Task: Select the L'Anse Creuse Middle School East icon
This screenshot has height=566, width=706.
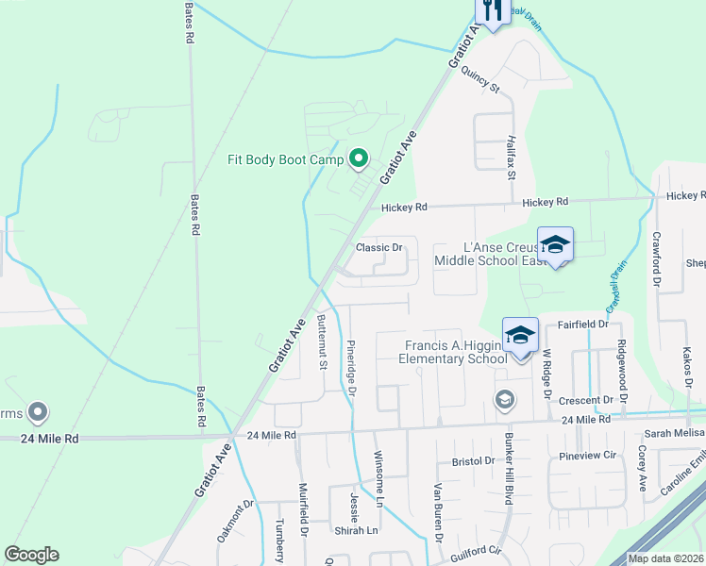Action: pyautogui.click(x=555, y=244)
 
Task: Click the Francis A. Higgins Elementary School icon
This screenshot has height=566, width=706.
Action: pyautogui.click(x=519, y=334)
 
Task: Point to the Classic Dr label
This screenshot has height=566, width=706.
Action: pyautogui.click(x=379, y=248)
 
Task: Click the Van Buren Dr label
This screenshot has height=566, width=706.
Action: pyautogui.click(x=438, y=513)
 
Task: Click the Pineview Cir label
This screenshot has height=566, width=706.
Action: pyautogui.click(x=587, y=455)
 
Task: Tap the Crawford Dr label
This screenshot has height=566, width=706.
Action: pyautogui.click(x=657, y=258)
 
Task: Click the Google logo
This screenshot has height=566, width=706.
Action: pyautogui.click(x=31, y=555)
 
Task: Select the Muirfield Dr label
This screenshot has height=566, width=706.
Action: pyautogui.click(x=304, y=509)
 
